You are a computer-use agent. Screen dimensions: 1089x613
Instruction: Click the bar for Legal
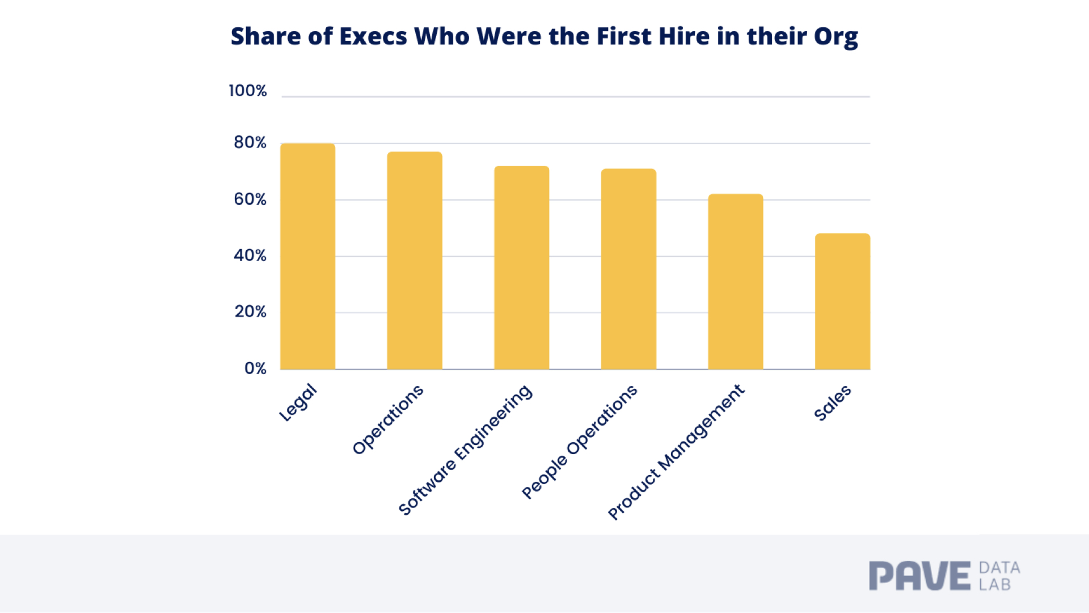tap(307, 256)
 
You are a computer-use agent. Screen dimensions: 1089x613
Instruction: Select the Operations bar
tap(415, 261)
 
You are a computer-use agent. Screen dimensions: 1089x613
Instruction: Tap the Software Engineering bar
tap(522, 267)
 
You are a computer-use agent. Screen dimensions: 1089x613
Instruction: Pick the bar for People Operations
tap(628, 269)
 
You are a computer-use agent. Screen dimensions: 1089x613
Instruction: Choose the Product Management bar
tap(736, 282)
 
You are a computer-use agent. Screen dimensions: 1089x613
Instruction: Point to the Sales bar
tap(843, 301)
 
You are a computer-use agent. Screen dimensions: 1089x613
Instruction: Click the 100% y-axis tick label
tap(248, 91)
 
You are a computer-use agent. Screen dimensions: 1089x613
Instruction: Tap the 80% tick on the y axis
tap(250, 142)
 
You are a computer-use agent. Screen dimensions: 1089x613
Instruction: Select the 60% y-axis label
tap(250, 199)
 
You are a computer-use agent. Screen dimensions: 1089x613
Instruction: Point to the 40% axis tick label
tap(250, 255)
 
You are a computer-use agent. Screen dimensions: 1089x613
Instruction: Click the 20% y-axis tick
tap(251, 312)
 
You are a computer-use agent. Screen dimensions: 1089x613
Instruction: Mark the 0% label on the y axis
tap(255, 368)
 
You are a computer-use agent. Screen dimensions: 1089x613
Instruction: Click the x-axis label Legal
tap(298, 402)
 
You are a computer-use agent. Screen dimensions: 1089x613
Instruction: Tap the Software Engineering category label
tap(465, 450)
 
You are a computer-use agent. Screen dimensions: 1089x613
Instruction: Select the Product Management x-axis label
tap(676, 452)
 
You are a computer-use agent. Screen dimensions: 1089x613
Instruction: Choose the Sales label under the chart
tap(833, 402)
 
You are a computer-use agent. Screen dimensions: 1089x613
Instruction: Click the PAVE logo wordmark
tap(920, 576)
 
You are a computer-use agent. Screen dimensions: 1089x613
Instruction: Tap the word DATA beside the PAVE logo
tap(999, 568)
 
